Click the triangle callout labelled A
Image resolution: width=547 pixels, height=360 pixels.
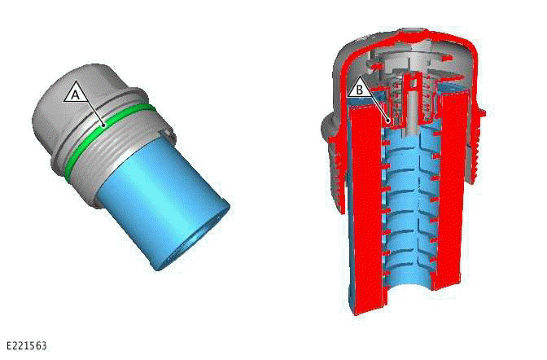click(x=76, y=92)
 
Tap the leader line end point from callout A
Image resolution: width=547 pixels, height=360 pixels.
click(x=103, y=125)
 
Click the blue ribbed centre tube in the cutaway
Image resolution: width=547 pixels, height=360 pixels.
click(x=407, y=212)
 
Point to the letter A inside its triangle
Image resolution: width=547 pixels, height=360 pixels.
click(x=76, y=94)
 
